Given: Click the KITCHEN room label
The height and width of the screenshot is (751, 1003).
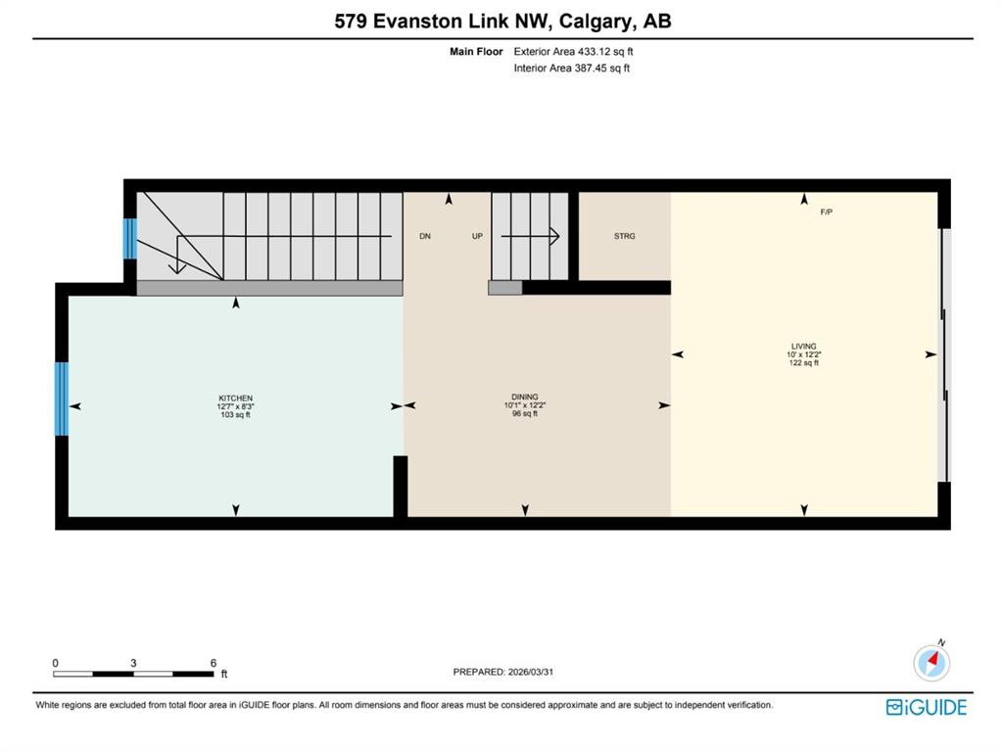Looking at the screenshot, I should (x=235, y=399).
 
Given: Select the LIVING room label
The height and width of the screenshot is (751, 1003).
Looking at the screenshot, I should (x=803, y=346).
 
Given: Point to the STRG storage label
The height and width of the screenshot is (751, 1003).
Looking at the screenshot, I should (x=624, y=236).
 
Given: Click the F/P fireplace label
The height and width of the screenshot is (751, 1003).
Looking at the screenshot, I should (x=826, y=212).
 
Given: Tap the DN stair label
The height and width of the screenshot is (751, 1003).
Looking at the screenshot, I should (x=425, y=236).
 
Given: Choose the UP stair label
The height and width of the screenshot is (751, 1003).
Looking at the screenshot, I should (x=477, y=236).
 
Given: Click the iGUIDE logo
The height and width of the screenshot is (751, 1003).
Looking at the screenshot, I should (x=926, y=707).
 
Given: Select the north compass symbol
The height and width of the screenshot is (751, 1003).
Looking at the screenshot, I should (x=931, y=663).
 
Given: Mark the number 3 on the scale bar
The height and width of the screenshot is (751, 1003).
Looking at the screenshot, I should (x=133, y=663).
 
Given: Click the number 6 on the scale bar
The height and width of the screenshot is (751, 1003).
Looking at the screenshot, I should (x=213, y=663).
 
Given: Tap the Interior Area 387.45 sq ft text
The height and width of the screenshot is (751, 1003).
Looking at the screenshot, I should (x=571, y=69).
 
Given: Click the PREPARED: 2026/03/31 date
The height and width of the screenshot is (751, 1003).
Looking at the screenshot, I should (x=509, y=672).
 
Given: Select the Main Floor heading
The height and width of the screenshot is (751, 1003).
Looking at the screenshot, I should (x=476, y=52).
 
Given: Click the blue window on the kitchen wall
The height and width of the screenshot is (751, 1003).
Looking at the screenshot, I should (x=62, y=399).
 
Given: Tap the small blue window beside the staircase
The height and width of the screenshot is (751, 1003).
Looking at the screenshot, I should (x=129, y=239).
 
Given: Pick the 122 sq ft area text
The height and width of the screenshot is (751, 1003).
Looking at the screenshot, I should (x=803, y=362).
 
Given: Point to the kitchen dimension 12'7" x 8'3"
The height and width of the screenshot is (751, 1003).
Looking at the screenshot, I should (x=235, y=406).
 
